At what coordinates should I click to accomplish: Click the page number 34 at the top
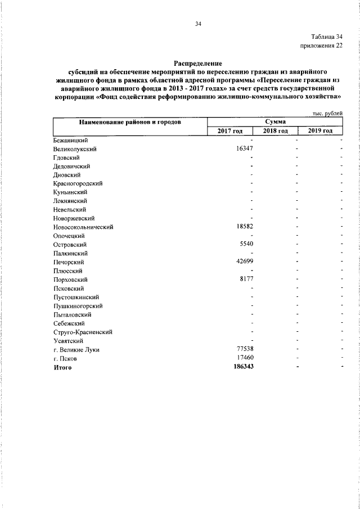pos(197,24)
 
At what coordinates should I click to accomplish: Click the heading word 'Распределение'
pos(197,64)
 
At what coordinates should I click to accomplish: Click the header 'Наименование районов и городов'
pos(130,122)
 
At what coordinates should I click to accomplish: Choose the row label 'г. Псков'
pos(65,358)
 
